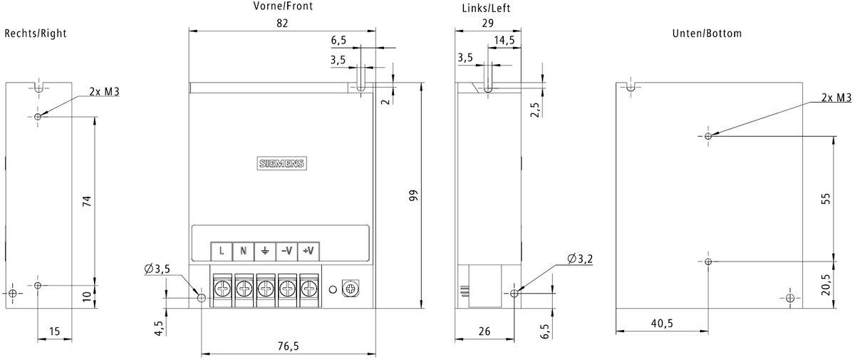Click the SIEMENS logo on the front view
(281, 163)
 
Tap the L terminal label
(222, 250)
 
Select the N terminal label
(244, 250)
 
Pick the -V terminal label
(287, 250)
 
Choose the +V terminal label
(309, 250)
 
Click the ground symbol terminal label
(265, 250)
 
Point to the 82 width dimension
(282, 23)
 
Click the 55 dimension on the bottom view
(826, 199)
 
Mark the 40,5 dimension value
(662, 323)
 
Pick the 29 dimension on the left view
(488, 23)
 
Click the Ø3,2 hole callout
(581, 257)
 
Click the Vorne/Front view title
(283, 6)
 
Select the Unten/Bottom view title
(707, 34)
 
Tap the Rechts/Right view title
(36, 34)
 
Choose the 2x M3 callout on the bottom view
(836, 98)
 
